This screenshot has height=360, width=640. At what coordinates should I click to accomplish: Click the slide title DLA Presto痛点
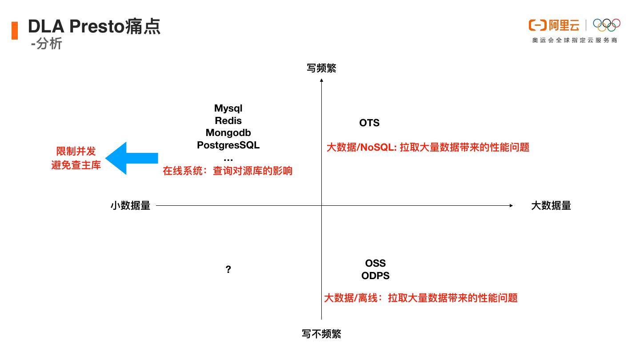tap(94, 27)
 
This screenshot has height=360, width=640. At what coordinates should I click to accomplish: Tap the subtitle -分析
tap(47, 44)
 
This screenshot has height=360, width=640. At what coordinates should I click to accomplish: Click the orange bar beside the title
tap(15, 30)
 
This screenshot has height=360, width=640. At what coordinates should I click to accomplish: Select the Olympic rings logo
tap(607, 25)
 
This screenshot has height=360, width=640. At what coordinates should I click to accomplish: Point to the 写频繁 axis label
tap(321, 68)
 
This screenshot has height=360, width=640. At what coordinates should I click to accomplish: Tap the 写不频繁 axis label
tap(321, 334)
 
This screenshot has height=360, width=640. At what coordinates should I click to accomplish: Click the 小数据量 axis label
tap(130, 205)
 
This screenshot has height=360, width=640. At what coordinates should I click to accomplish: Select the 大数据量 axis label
tap(551, 205)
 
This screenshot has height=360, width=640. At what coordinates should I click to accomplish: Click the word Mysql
tap(228, 108)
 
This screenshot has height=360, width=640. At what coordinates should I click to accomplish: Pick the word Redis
tap(228, 120)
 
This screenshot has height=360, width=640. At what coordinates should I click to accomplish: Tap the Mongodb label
tap(228, 132)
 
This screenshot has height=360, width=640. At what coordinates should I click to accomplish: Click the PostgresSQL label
tap(228, 145)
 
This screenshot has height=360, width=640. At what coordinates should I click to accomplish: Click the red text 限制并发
tap(76, 151)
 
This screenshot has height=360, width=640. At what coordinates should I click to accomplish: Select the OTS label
tap(369, 123)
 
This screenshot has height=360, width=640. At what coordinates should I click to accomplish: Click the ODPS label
tap(375, 276)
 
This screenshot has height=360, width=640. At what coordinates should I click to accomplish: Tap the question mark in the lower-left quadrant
tap(228, 269)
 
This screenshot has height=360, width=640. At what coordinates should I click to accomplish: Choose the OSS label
tap(375, 263)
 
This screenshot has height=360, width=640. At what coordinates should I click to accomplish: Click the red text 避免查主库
tap(76, 165)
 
